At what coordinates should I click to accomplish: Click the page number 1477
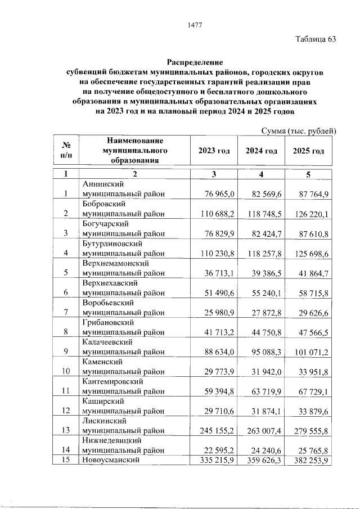[x=195, y=25]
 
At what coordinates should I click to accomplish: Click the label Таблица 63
[x=316, y=39]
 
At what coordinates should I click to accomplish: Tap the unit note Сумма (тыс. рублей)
[x=299, y=132]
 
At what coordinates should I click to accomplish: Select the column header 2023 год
[x=214, y=151]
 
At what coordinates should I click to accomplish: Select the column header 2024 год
[x=262, y=151]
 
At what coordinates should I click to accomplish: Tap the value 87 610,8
[x=311, y=233]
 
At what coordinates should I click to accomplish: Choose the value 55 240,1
[x=264, y=292]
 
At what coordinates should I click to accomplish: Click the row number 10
[x=65, y=371]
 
